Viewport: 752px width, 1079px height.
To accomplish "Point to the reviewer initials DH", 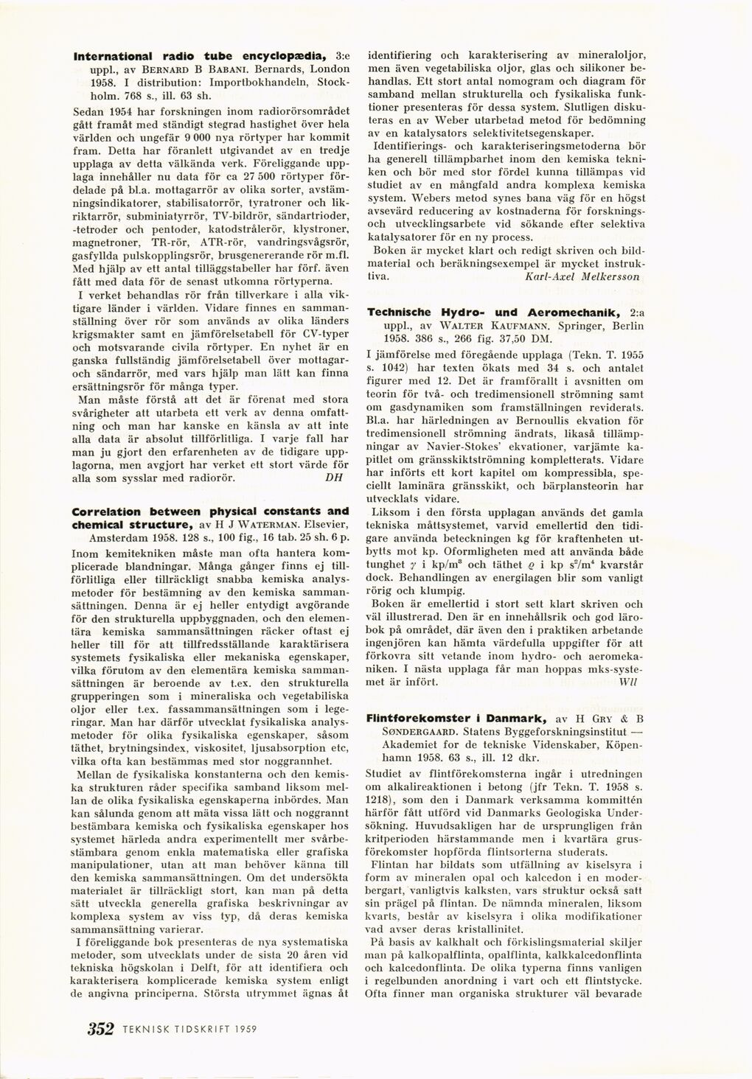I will pyautogui.click(x=333, y=476).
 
